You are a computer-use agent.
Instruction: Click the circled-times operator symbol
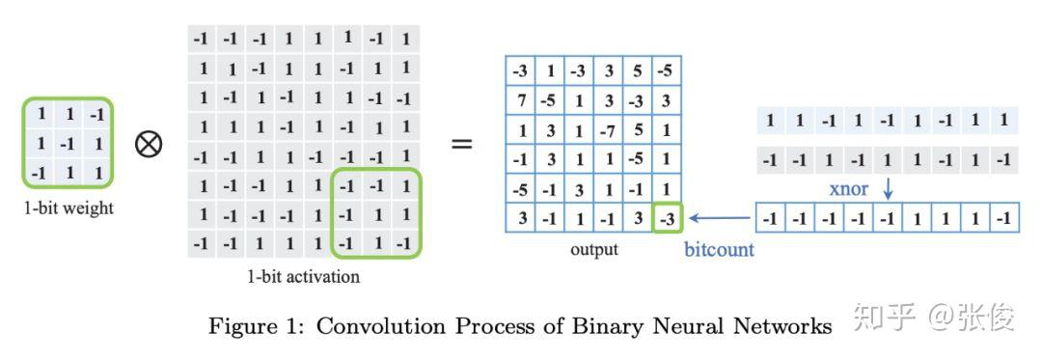click(x=149, y=145)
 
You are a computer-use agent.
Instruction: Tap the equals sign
click(x=462, y=145)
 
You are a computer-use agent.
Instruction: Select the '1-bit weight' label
click(x=69, y=208)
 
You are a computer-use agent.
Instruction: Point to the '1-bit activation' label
click(x=303, y=277)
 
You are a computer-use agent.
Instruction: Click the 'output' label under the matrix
click(x=593, y=249)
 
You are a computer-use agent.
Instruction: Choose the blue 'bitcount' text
click(x=719, y=250)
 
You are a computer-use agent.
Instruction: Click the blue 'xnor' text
click(x=849, y=188)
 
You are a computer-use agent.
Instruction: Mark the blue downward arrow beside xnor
click(x=888, y=188)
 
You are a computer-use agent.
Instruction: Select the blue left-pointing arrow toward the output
click(x=719, y=217)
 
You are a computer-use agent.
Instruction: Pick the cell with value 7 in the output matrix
click(x=521, y=100)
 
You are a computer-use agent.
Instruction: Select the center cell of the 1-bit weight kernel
click(x=69, y=143)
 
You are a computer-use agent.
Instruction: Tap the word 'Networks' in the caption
click(x=783, y=326)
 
